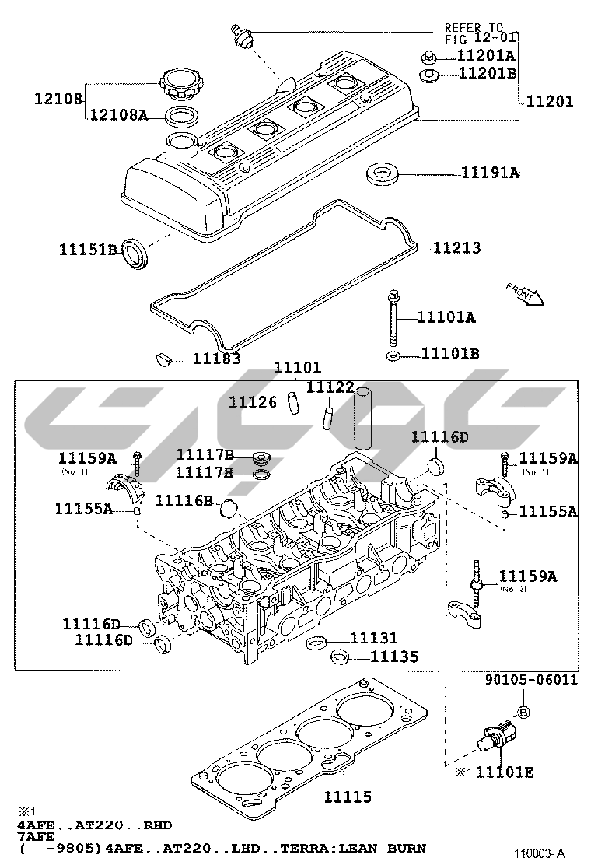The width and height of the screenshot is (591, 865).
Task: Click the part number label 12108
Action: click(58, 99)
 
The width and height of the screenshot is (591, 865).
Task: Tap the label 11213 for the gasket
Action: click(456, 248)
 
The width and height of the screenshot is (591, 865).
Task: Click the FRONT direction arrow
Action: click(523, 295)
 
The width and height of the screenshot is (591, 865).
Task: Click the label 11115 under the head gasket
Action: click(348, 797)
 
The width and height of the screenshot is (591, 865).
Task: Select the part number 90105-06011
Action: click(532, 679)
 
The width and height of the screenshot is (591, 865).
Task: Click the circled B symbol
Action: click(523, 712)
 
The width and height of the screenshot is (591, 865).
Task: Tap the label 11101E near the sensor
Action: click(505, 772)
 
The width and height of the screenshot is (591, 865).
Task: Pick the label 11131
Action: click(373, 638)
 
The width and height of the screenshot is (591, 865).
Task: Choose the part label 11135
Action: click(393, 657)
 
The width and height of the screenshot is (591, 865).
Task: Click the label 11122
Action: click(330, 387)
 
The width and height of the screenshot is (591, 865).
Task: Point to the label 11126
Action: click(253, 401)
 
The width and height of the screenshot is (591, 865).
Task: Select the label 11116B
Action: click(184, 500)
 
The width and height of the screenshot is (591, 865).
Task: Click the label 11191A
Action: click(490, 172)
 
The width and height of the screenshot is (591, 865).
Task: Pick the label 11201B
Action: click(487, 74)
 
